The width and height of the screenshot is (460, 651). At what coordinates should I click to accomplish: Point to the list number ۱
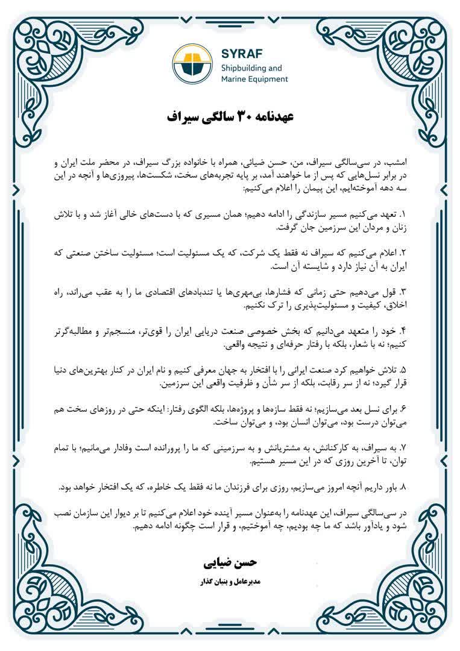(x=404, y=215)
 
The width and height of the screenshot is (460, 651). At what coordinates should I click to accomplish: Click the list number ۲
(x=404, y=253)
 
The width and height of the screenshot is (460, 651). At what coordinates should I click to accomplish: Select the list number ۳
(x=404, y=292)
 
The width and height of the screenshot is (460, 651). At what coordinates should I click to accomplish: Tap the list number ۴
(x=404, y=330)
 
